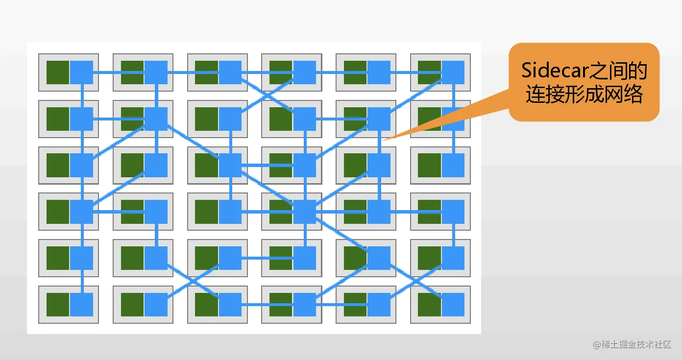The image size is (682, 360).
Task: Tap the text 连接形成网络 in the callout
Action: point(585,94)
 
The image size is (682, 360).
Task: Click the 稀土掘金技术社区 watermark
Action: point(632,344)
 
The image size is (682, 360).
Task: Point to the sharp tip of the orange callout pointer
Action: point(383,140)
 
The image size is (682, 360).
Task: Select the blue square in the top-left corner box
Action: point(82,72)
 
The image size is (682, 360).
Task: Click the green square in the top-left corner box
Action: point(58,72)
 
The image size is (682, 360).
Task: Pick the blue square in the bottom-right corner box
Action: point(453,305)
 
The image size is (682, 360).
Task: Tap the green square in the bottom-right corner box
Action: point(430,305)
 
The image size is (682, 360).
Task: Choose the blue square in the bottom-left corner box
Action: point(82,305)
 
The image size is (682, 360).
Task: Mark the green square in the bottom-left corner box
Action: point(58,305)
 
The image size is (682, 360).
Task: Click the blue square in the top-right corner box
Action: point(453,72)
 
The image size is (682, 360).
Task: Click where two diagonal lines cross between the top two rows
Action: point(268,96)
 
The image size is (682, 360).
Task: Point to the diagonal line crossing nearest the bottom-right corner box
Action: point(416,282)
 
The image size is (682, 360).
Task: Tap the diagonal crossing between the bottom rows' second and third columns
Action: point(193,282)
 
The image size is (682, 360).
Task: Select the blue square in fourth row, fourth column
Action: point(304,212)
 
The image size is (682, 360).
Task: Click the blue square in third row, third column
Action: point(230,165)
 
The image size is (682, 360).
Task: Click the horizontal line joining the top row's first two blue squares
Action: point(119,72)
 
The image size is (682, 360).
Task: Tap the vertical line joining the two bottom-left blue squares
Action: point(82,282)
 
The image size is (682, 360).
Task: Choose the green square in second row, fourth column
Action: point(281,119)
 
